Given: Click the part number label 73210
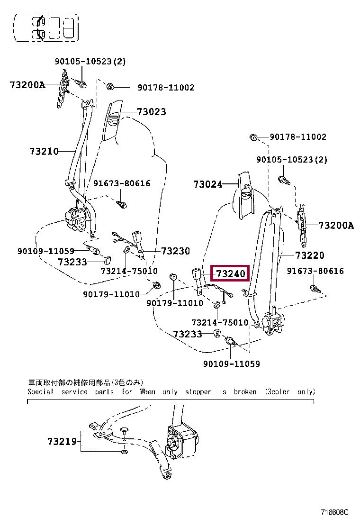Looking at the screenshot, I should (44, 151).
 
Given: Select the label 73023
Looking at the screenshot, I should (152, 112).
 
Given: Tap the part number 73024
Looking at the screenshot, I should (207, 184).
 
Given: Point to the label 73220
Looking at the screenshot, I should (310, 255).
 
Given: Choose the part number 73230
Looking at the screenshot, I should (175, 251).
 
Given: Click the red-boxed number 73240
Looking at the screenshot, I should (230, 273).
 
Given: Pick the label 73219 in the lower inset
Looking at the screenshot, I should (62, 441).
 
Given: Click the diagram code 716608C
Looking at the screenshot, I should (334, 512).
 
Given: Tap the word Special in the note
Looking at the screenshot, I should (40, 392).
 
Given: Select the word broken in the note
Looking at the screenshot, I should (245, 392).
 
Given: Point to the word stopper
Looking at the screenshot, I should (198, 392).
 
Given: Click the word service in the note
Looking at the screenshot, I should (74, 392).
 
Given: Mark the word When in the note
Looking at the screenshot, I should (147, 392).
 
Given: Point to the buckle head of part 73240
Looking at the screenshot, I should (197, 273).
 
